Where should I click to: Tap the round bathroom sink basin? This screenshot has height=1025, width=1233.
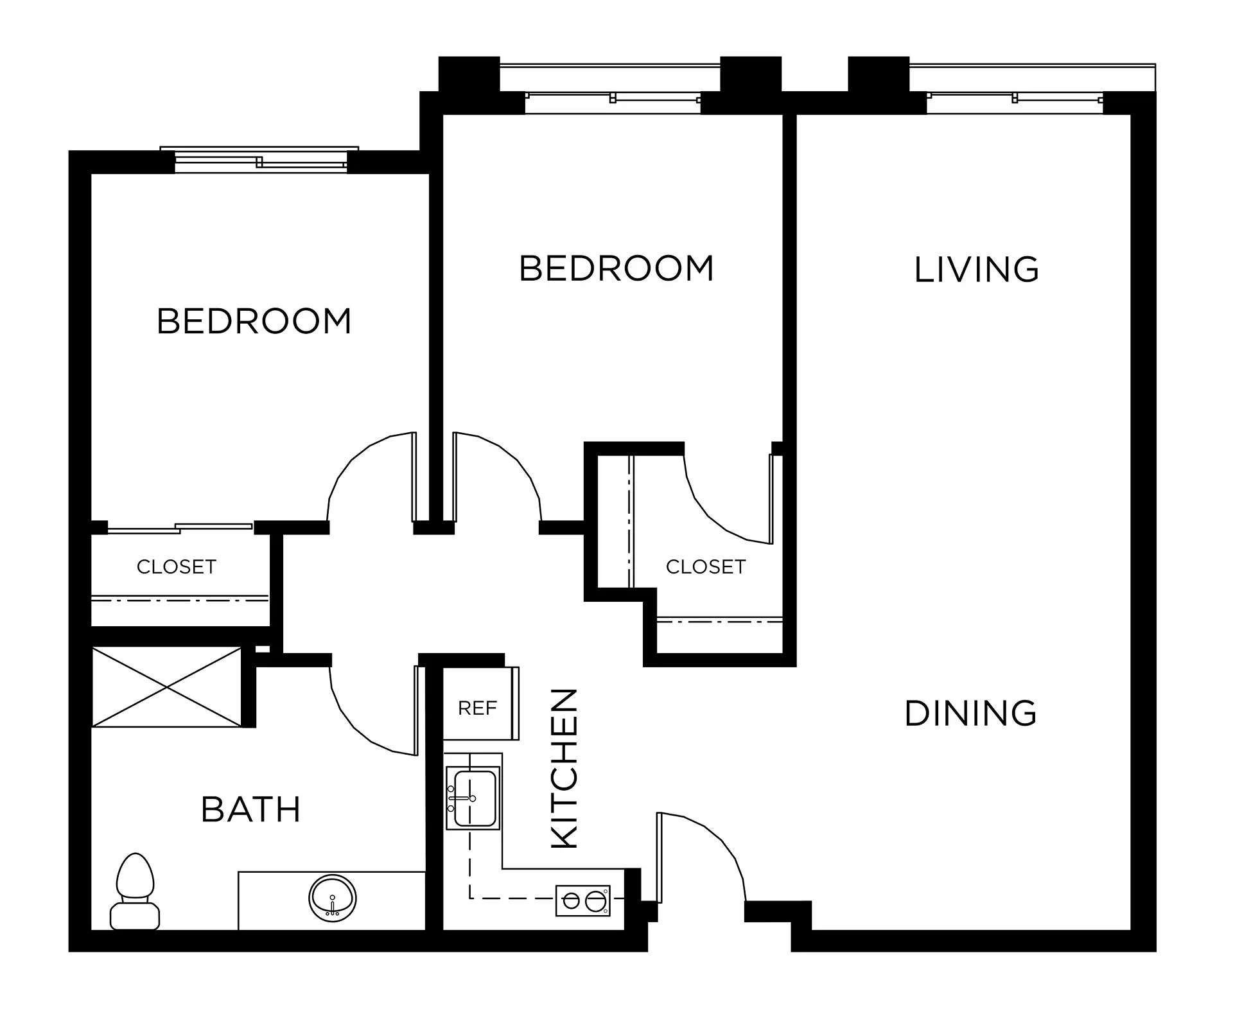coord(333,897)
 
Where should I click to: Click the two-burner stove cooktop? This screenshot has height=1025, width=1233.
coord(583,900)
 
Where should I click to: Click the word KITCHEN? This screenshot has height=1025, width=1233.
coord(566,768)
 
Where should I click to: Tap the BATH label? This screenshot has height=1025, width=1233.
coord(251,809)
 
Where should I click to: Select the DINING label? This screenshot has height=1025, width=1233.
coord(970,714)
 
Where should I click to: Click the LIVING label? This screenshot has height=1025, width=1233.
coord(976,269)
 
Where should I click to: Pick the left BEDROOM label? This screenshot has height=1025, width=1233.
coord(254,321)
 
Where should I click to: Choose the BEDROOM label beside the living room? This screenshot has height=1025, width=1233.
coord(616,268)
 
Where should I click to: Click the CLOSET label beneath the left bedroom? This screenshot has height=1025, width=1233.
coord(177,566)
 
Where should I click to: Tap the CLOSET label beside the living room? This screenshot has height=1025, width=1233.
coord(706,566)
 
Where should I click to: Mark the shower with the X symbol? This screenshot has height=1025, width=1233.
coord(167,687)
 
